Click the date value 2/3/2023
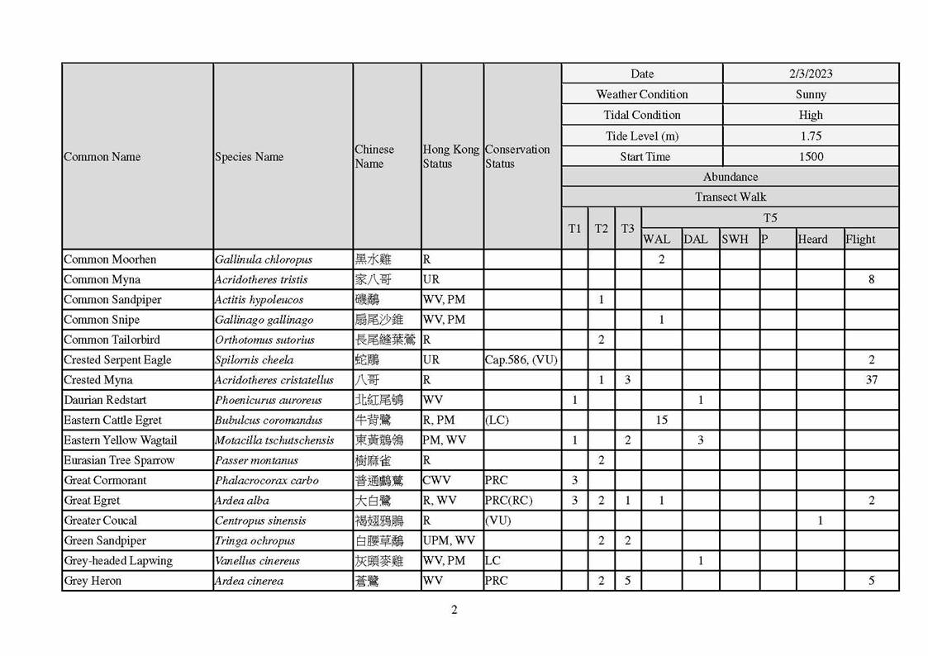(x=811, y=74)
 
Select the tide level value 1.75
(x=811, y=135)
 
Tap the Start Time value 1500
(x=811, y=156)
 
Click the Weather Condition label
(x=642, y=94)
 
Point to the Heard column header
(x=812, y=239)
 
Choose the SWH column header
(x=735, y=239)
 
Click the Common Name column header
(x=102, y=156)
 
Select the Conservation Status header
(x=517, y=156)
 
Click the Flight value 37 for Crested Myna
(x=871, y=380)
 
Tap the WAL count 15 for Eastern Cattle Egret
(x=661, y=420)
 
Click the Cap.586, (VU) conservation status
(x=521, y=360)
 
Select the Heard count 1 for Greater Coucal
(x=820, y=521)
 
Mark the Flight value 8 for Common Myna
(x=871, y=279)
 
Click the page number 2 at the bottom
(x=454, y=610)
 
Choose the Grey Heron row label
(x=93, y=581)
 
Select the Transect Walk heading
(x=730, y=197)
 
